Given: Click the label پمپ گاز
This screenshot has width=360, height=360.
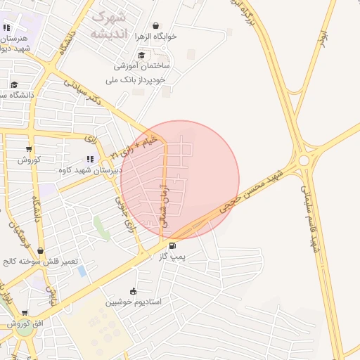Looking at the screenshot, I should click(x=172, y=257).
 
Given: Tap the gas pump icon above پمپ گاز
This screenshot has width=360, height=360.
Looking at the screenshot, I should click(x=172, y=246).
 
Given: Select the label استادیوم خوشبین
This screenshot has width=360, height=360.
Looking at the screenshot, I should click(x=134, y=302).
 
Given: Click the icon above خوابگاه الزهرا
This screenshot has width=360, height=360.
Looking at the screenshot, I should click(x=155, y=25).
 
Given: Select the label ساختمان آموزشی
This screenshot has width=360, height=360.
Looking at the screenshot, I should click(x=142, y=66).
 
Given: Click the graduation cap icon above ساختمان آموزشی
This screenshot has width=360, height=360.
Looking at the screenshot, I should click(x=142, y=56).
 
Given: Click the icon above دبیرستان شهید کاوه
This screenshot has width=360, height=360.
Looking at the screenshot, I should click(x=90, y=160).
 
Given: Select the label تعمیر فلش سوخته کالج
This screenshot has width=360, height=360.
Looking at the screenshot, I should click(x=39, y=261).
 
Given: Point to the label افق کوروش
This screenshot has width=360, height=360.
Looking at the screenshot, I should click(x=25, y=324).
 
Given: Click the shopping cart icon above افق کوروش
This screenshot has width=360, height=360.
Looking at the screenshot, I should click(x=25, y=314).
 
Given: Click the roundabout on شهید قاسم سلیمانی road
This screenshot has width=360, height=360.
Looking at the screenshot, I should click(x=304, y=160).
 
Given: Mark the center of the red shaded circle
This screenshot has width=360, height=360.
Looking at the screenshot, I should click(x=180, y=180).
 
